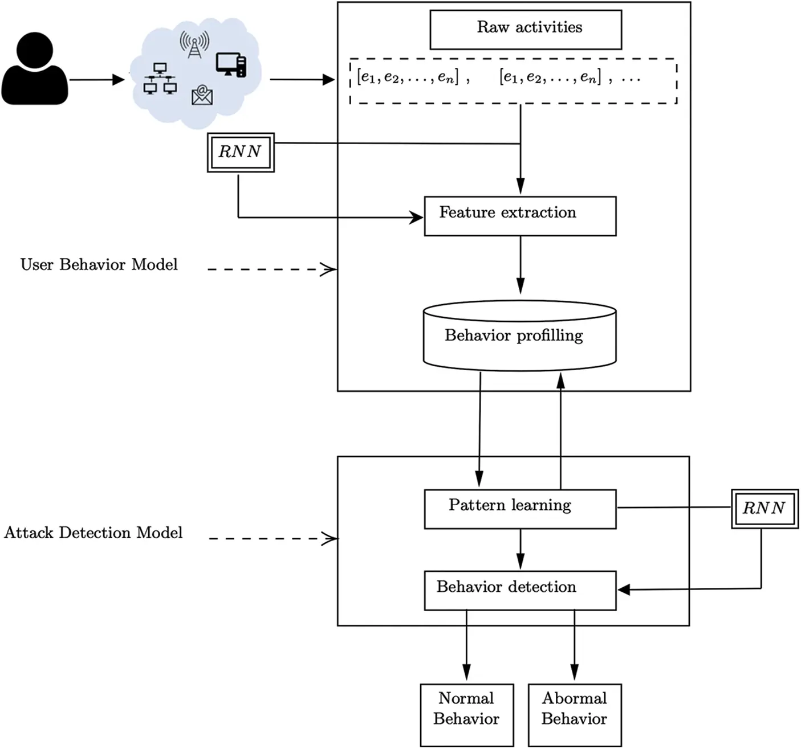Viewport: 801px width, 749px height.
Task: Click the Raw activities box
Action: tap(525, 30)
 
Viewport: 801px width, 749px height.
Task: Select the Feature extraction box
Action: tap(520, 216)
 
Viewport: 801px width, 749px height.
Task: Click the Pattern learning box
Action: tap(520, 509)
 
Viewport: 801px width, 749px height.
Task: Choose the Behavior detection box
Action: tap(520, 590)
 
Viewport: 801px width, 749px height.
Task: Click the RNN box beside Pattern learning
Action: tap(765, 507)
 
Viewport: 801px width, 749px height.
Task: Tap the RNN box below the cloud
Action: tap(240, 152)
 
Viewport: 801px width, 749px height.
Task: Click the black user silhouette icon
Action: tap(35, 69)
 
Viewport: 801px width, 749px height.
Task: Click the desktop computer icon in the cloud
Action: tap(231, 65)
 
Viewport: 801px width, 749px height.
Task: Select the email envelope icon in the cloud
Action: tap(202, 95)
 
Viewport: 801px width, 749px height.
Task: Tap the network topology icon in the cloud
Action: tap(160, 79)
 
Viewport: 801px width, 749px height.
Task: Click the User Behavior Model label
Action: tap(99, 265)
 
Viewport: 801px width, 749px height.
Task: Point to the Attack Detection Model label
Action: tap(93, 533)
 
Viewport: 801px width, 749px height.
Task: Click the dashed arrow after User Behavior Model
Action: tap(271, 269)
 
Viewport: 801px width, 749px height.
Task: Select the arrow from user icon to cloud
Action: tap(96, 80)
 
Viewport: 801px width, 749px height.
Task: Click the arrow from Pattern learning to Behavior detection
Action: tap(520, 549)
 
